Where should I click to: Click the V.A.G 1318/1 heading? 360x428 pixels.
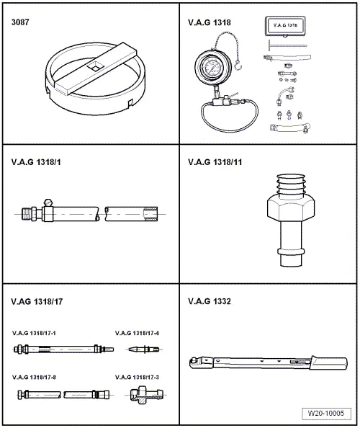33,162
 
